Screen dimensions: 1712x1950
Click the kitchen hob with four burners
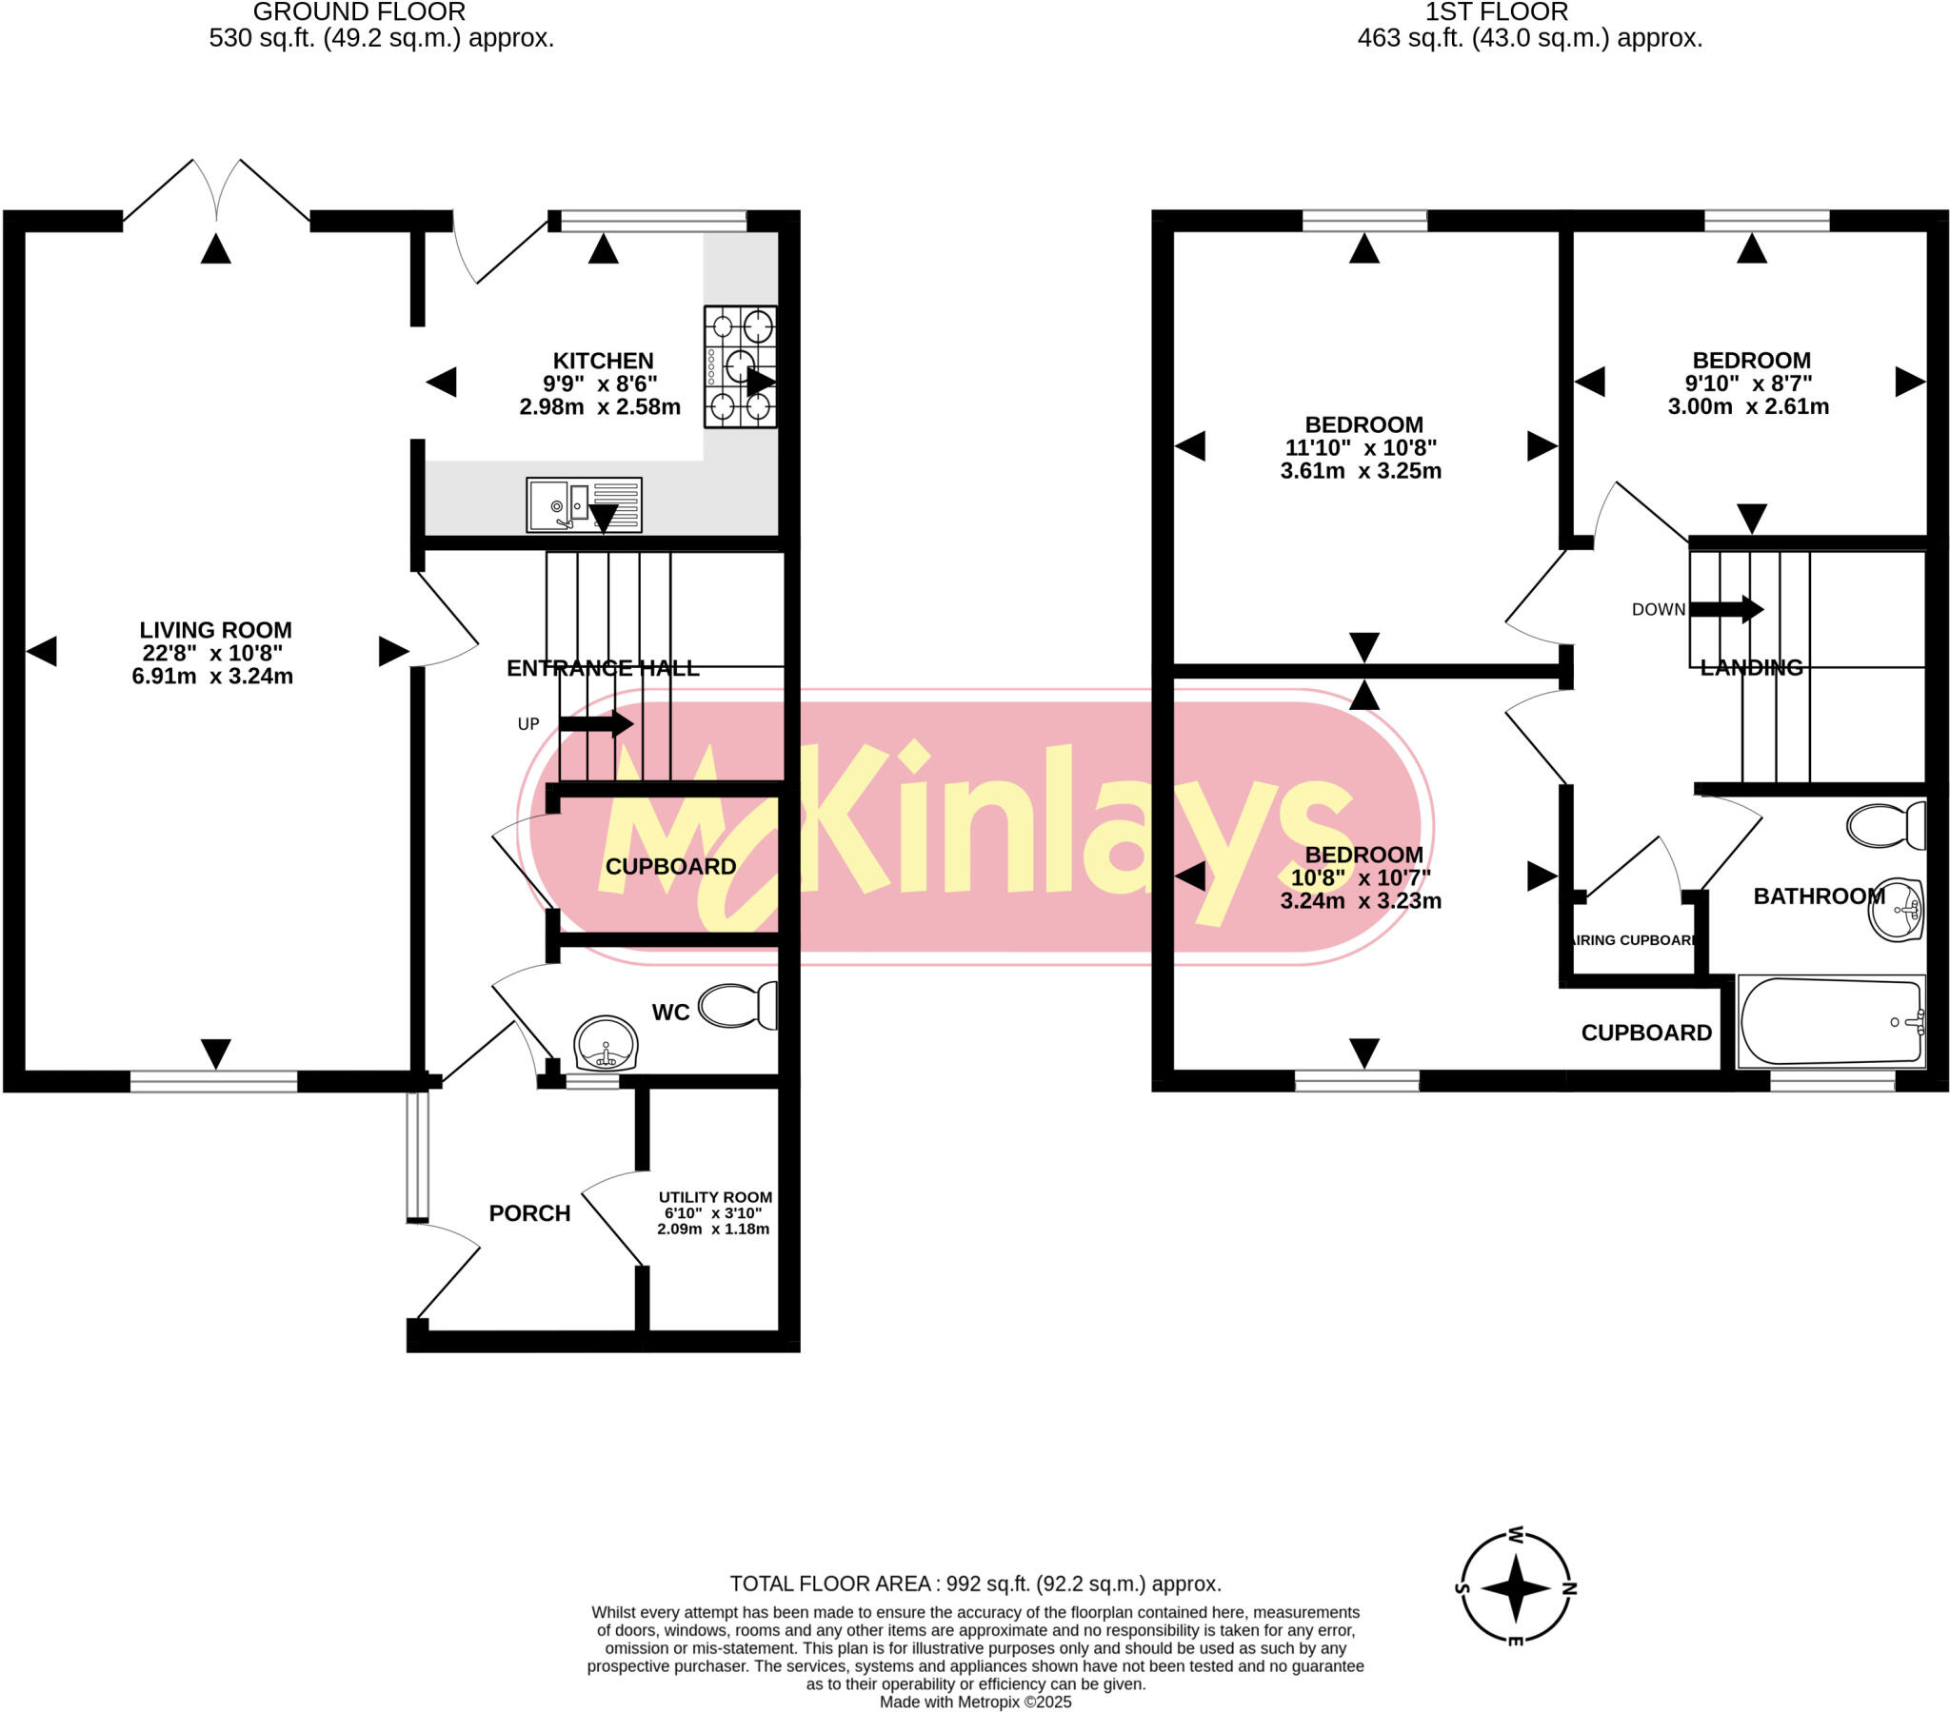pyautogui.click(x=741, y=367)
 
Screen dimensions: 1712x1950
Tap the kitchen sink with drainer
pyautogui.click(x=584, y=504)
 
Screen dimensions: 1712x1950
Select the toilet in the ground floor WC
pyautogui.click(x=739, y=1005)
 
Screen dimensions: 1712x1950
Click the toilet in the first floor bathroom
pyautogui.click(x=1886, y=826)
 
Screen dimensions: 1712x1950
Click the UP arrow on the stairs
pyautogui.click(x=596, y=723)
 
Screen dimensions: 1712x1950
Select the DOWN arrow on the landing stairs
pyautogui.click(x=1726, y=609)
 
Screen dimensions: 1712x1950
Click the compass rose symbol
pyautogui.click(x=1516, y=1589)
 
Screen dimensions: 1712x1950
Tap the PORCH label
pyautogui.click(x=529, y=1213)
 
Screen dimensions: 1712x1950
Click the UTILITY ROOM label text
pyautogui.click(x=714, y=1197)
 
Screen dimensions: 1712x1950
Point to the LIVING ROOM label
pyautogui.click(x=215, y=630)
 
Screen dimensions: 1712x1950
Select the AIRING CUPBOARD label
pyautogui.click(x=1633, y=940)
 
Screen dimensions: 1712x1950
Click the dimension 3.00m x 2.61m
pyautogui.click(x=1748, y=407)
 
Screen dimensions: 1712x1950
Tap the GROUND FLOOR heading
pyautogui.click(x=359, y=12)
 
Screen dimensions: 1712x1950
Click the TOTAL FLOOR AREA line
pyautogui.click(x=975, y=1584)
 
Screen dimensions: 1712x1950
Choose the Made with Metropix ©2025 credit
pyautogui.click(x=975, y=1702)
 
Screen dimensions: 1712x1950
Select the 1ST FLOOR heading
pyautogui.click(x=1496, y=12)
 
